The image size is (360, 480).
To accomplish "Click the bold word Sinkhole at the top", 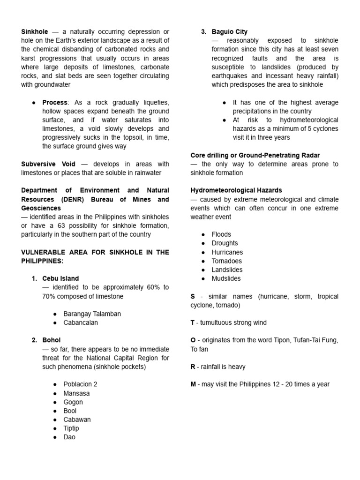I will click(x=34, y=32).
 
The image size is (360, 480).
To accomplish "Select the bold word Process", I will click(x=55, y=102).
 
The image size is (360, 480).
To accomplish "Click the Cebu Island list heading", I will click(x=60, y=278).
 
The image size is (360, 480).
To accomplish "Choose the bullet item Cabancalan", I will click(x=81, y=322).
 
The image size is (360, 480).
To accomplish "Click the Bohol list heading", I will click(x=51, y=340).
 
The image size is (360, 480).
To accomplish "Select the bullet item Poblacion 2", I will click(x=80, y=384).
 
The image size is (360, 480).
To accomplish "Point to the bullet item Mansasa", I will click(x=76, y=393).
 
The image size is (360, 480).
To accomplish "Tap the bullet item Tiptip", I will click(x=71, y=428).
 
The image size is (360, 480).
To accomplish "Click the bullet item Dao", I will click(x=69, y=437).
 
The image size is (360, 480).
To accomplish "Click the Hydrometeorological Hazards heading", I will click(x=236, y=190).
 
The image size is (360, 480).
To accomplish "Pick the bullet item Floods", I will click(x=221, y=234).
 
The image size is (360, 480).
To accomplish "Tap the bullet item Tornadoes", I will click(x=227, y=261).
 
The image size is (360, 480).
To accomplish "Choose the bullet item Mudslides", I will click(x=226, y=278).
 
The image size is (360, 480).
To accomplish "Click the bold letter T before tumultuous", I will click(x=193, y=322).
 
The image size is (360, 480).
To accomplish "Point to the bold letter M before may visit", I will click(x=193, y=384).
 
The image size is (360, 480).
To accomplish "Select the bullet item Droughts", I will click(x=225, y=243).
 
